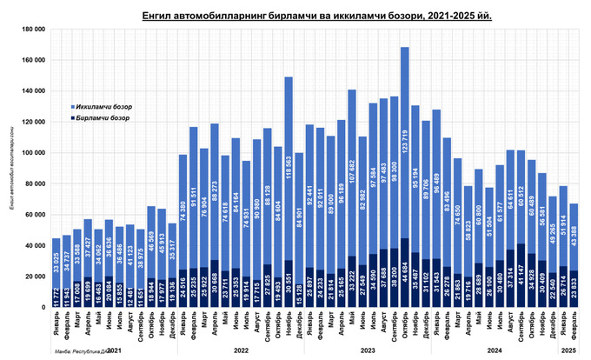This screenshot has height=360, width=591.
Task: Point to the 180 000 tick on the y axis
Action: click(32, 30)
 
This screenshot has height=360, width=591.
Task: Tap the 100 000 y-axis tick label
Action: click(32, 153)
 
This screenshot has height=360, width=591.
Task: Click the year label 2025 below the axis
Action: click(568, 350)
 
